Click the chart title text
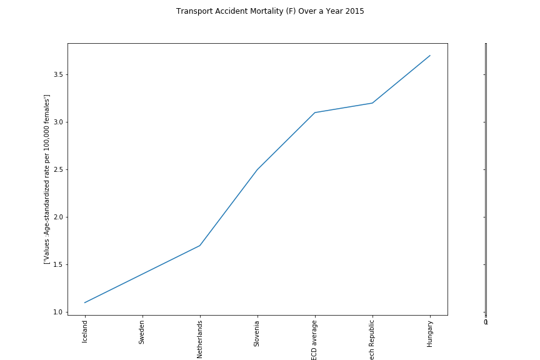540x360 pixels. coord(270,11)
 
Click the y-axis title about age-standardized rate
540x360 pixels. coord(47,179)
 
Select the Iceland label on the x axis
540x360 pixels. coord(85,332)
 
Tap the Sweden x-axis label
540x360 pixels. coord(142,333)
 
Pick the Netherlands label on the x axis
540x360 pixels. coord(200,339)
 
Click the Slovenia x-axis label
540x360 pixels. coord(257,334)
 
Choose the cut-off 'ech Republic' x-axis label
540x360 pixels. coord(372,340)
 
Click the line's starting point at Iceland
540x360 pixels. coord(85,302)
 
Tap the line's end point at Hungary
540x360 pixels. coord(430,56)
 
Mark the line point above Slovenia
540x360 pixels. coord(257,169)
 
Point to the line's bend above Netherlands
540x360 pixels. coord(200,246)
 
